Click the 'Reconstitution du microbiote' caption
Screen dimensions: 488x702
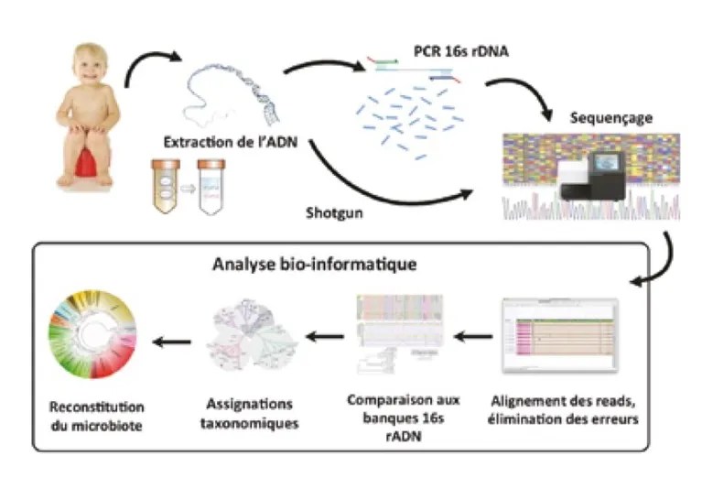point(96,414)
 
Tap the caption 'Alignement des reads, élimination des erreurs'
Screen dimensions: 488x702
point(560,407)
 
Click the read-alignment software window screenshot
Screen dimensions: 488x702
point(560,334)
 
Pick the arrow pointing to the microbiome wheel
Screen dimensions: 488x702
point(172,342)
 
